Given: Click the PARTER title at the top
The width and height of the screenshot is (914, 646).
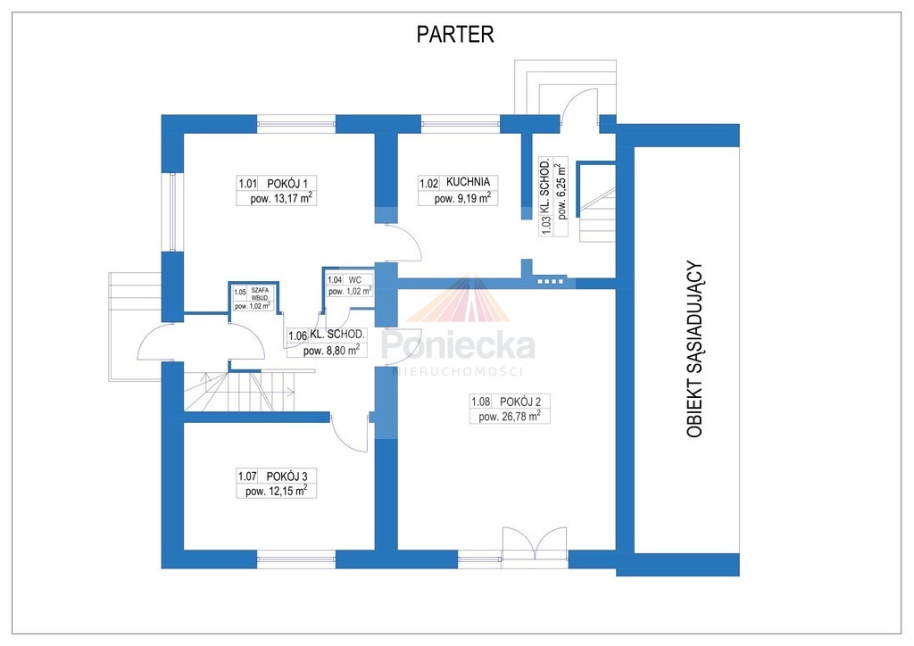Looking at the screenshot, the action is point(455,35).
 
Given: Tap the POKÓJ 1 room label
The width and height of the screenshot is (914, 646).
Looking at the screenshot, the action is point(287,184).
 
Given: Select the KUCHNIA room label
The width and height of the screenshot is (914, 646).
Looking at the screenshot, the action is point(468,182).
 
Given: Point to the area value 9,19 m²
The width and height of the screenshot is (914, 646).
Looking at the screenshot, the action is point(462,198).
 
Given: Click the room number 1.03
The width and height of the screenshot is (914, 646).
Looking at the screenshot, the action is point(546,225).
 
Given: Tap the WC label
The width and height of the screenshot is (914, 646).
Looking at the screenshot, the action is point(355,280).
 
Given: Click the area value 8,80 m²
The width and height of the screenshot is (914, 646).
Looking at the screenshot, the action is point(331,351).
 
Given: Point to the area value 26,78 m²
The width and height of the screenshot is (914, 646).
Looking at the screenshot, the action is point(510,417).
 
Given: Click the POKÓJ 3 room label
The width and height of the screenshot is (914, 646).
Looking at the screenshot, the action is point(287,476).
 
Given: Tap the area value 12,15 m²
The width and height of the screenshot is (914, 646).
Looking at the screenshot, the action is point(277,491).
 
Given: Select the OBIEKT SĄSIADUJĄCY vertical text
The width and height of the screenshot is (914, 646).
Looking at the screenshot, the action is point(694,349).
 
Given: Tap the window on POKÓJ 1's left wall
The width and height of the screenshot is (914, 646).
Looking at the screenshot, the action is point(173,212).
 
